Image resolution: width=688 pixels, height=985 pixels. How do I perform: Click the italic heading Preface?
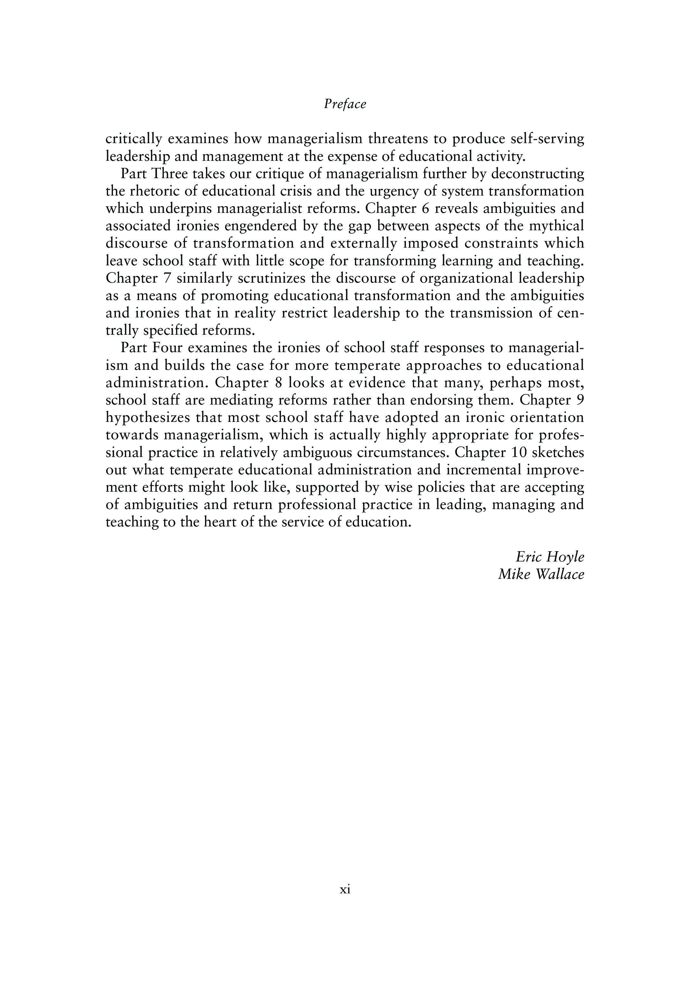345,104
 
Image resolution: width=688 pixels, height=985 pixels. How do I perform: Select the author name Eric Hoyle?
550,557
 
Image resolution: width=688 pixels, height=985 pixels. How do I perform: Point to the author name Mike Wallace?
541,574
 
